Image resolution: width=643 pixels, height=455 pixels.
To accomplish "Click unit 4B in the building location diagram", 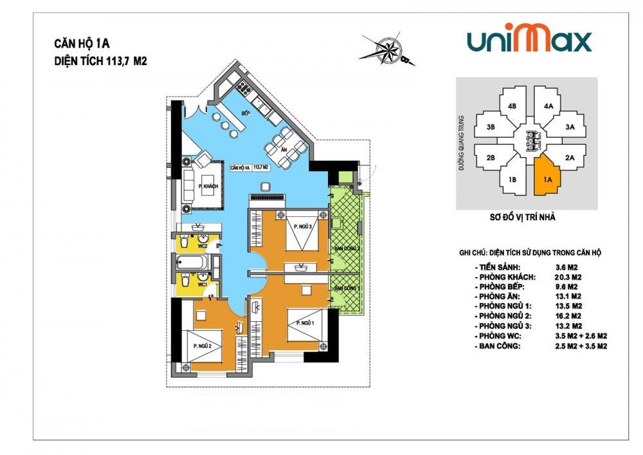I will (512, 106).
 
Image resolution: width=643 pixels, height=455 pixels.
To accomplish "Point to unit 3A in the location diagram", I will (569, 127).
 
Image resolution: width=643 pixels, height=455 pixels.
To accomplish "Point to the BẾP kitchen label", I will (245, 113).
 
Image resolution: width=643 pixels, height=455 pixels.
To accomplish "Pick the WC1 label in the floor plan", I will (201, 284).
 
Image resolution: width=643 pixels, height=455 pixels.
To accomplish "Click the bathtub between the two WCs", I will (191, 264).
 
